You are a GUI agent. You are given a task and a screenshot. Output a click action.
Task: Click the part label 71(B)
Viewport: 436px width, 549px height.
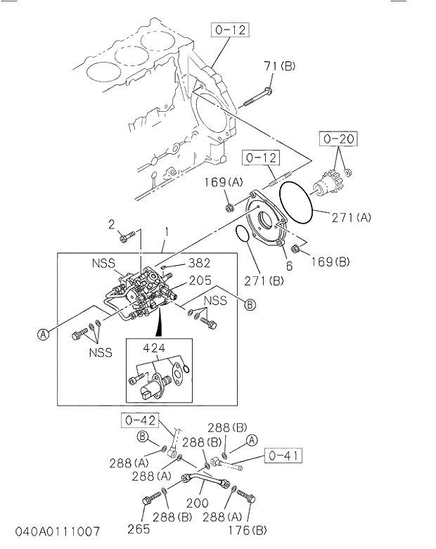click(x=279, y=67)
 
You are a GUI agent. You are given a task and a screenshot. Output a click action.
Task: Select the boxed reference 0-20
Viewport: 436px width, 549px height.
click(x=335, y=139)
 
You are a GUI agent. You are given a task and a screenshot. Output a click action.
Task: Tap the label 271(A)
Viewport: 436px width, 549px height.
click(x=352, y=218)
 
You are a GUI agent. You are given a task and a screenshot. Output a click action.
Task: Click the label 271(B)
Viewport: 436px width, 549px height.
click(x=265, y=281)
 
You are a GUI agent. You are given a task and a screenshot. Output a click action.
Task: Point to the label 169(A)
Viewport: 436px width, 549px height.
click(x=224, y=183)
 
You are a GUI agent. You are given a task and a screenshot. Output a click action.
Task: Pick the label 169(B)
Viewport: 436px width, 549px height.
click(x=330, y=262)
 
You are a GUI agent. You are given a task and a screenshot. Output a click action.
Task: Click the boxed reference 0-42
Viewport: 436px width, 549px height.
click(x=139, y=420)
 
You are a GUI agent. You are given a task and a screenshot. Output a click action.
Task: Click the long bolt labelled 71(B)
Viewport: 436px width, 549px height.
click(x=258, y=97)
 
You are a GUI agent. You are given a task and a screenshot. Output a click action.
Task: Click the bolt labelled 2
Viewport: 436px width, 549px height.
click(x=125, y=238)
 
